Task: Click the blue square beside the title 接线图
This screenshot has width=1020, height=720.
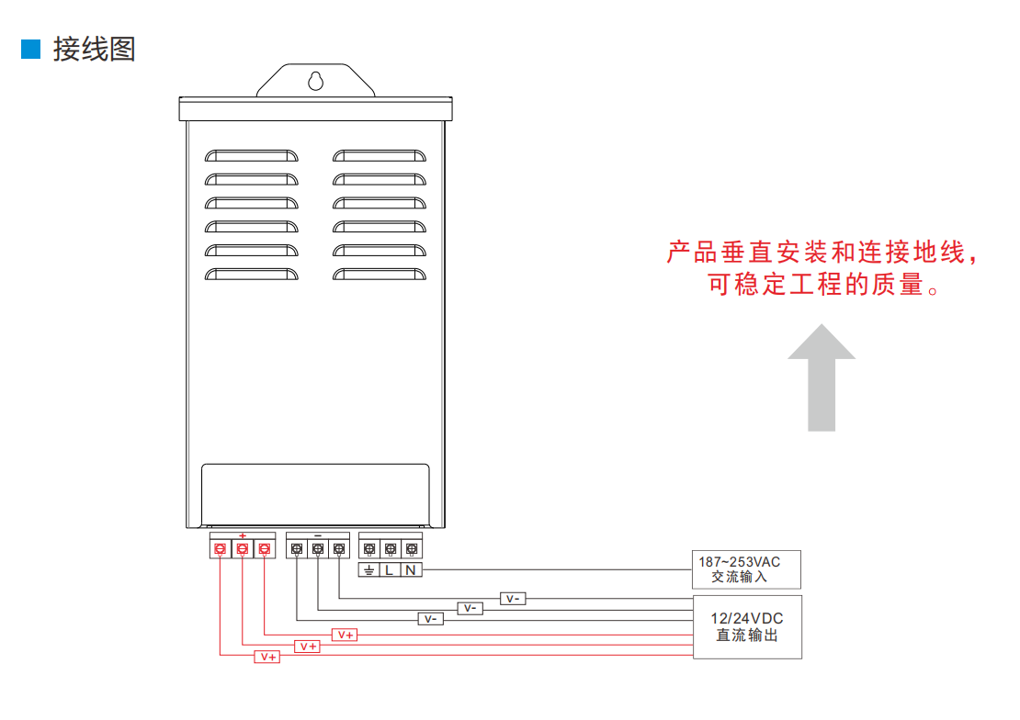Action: click(30, 49)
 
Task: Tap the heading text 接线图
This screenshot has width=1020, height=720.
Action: click(94, 49)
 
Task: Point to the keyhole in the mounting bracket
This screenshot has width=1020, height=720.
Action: click(315, 80)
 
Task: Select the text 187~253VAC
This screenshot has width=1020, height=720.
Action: click(739, 561)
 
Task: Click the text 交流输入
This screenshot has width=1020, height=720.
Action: click(739, 578)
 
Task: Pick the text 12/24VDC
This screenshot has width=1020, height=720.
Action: click(746, 618)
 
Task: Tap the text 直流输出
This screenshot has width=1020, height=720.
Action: click(746, 636)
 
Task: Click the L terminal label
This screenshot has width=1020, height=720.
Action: click(390, 570)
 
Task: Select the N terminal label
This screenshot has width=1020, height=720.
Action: click(411, 570)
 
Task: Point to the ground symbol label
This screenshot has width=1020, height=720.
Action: click(368, 570)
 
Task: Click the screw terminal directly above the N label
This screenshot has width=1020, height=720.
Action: click(411, 549)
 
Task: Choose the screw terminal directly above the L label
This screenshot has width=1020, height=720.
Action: click(390, 549)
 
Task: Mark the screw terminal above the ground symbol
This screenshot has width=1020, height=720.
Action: click(368, 549)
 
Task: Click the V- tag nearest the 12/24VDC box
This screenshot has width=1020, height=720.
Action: click(513, 599)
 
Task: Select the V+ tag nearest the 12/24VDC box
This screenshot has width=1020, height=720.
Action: click(346, 635)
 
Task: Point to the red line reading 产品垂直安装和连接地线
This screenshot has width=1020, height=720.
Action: click(821, 253)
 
